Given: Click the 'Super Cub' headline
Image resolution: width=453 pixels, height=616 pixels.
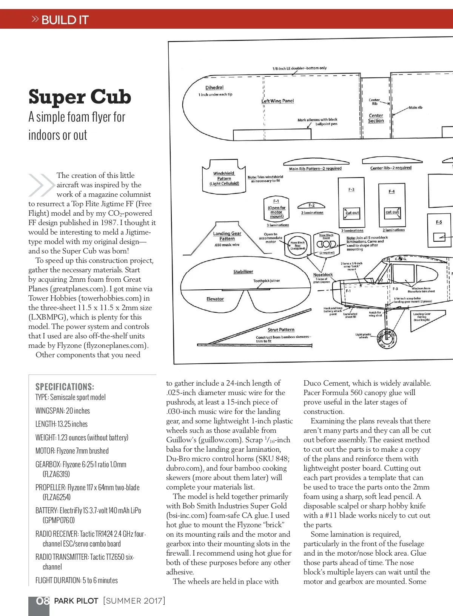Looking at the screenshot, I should (x=80, y=97).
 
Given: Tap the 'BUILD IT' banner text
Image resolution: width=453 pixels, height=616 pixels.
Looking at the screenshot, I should (x=65, y=20).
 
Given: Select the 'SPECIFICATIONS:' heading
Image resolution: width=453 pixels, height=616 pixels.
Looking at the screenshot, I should (x=65, y=387).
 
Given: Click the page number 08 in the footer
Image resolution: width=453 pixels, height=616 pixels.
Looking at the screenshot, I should (x=43, y=601).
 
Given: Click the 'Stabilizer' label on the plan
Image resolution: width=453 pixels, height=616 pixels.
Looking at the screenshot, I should (x=243, y=272).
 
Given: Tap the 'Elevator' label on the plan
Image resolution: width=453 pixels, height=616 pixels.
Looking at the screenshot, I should (x=215, y=299).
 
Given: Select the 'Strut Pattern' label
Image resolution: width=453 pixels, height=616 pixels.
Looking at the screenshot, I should (x=281, y=330).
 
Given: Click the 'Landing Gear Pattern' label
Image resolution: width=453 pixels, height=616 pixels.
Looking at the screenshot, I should (x=227, y=236).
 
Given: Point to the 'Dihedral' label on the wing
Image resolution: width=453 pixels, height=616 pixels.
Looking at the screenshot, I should (x=214, y=88).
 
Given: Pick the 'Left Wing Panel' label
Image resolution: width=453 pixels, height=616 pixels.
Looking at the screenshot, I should (x=278, y=101).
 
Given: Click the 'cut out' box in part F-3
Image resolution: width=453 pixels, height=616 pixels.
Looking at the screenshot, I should (x=352, y=213).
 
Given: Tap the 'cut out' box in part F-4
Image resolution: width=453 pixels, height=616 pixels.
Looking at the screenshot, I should (x=392, y=212).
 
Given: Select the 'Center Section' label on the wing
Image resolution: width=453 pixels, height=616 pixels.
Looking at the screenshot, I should (x=376, y=118).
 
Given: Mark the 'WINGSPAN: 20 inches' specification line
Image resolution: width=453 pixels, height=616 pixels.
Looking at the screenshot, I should (x=63, y=411).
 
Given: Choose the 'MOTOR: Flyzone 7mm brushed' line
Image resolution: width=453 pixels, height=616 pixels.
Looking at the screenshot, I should (x=72, y=451).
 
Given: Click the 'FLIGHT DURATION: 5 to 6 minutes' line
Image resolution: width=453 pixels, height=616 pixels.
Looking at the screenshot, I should (x=77, y=580).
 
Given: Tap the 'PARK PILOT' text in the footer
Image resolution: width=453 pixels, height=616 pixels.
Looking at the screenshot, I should (x=76, y=601).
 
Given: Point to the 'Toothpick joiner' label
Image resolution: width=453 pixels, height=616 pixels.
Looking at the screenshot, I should (x=267, y=281).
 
